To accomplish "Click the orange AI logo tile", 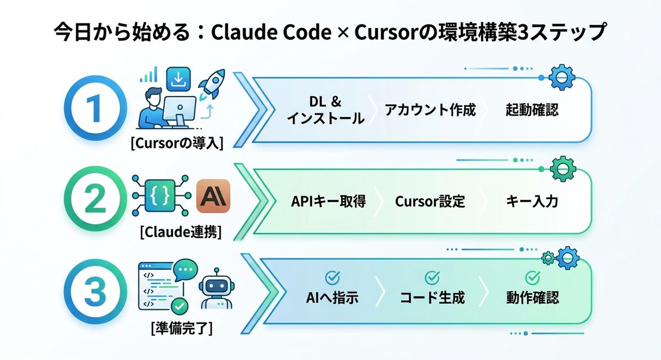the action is coord(213,196).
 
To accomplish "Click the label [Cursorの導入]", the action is coord(177,144).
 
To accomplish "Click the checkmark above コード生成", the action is coord(432,277).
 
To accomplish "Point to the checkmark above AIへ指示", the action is coord(332,277).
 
